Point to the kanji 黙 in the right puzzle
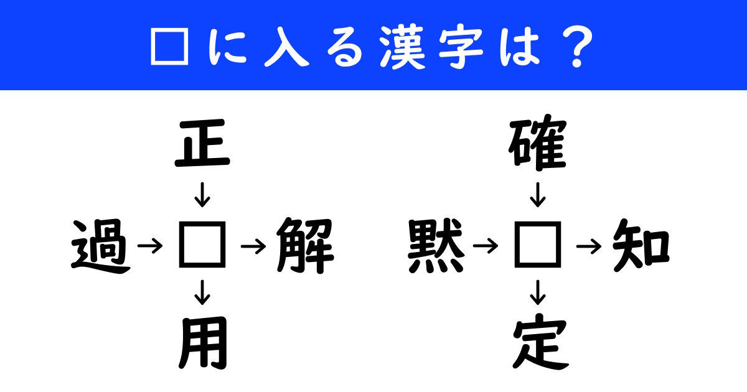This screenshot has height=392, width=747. (x=436, y=248)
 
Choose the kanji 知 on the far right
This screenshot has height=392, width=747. (x=641, y=247)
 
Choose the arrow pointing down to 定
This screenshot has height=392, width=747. (x=538, y=291)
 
